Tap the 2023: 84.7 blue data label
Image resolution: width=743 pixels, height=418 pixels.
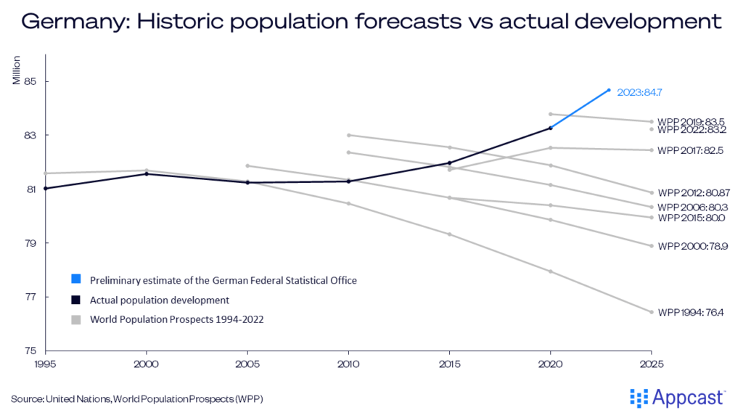click(x=639, y=92)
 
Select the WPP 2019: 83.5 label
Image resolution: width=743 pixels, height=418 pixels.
click(x=691, y=122)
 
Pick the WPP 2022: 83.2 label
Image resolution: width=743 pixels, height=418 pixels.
click(x=691, y=130)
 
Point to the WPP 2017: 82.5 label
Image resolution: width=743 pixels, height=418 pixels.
click(x=691, y=151)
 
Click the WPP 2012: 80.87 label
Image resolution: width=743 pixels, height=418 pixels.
click(x=694, y=193)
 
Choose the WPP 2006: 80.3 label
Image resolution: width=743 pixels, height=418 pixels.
click(x=691, y=208)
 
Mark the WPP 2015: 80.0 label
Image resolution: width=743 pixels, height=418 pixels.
click(x=691, y=218)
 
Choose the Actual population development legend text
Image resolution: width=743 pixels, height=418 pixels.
click(x=160, y=300)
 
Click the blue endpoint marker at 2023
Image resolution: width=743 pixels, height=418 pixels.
click(x=609, y=90)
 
